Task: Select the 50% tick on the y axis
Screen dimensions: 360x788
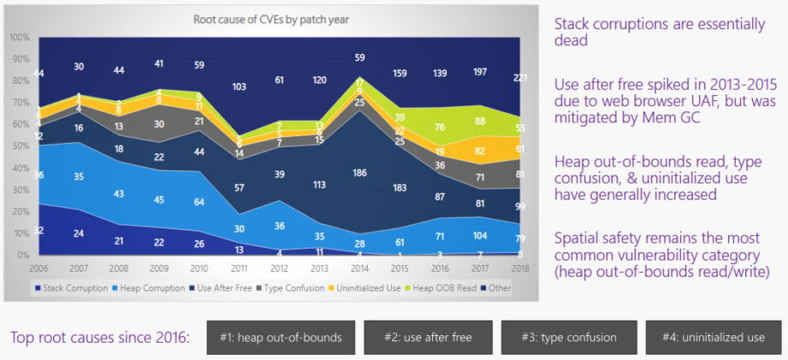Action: pos(18,146)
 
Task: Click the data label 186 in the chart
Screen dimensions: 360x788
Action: pos(360,173)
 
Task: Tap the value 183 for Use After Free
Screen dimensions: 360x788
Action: pos(400,188)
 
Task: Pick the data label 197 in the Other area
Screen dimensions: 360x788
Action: pos(481,74)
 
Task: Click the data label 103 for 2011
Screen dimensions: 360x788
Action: pos(239,87)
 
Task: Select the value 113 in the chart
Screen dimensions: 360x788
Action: pos(320,183)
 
